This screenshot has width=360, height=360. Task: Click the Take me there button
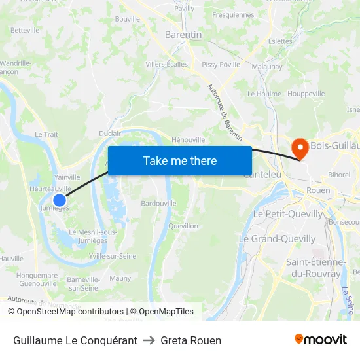(180, 161)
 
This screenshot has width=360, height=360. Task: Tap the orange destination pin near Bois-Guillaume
(300, 148)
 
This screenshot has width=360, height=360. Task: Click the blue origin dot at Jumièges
(60, 200)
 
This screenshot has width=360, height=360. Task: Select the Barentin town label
(183, 35)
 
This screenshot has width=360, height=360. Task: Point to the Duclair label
(109, 133)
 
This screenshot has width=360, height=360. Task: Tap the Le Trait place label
(46, 134)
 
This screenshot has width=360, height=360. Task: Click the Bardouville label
(158, 203)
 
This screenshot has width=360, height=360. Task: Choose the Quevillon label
(183, 226)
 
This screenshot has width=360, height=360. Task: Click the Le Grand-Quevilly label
(277, 239)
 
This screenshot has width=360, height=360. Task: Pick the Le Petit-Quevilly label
(288, 214)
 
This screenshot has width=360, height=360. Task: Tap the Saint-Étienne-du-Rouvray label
(315, 268)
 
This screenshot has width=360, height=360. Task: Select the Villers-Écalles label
(166, 64)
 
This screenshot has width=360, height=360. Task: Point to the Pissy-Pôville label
(221, 64)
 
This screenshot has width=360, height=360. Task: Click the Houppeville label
(306, 94)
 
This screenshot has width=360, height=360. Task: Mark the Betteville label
(25, 30)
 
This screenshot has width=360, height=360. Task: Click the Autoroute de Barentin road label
(225, 113)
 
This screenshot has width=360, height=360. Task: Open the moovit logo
(321, 340)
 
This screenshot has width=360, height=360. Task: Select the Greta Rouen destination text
(190, 340)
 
